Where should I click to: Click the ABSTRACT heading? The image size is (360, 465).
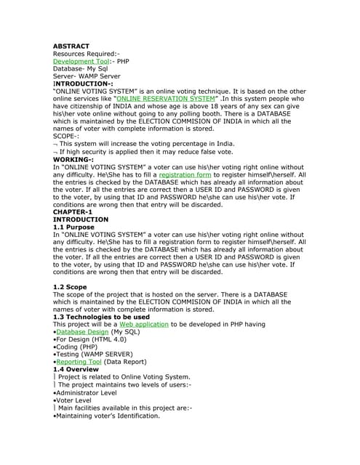click(x=71, y=46)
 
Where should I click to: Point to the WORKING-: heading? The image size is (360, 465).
click(x=73, y=159)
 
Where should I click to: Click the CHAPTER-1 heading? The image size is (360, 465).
click(x=72, y=212)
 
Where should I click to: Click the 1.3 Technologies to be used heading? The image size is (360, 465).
click(x=101, y=317)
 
